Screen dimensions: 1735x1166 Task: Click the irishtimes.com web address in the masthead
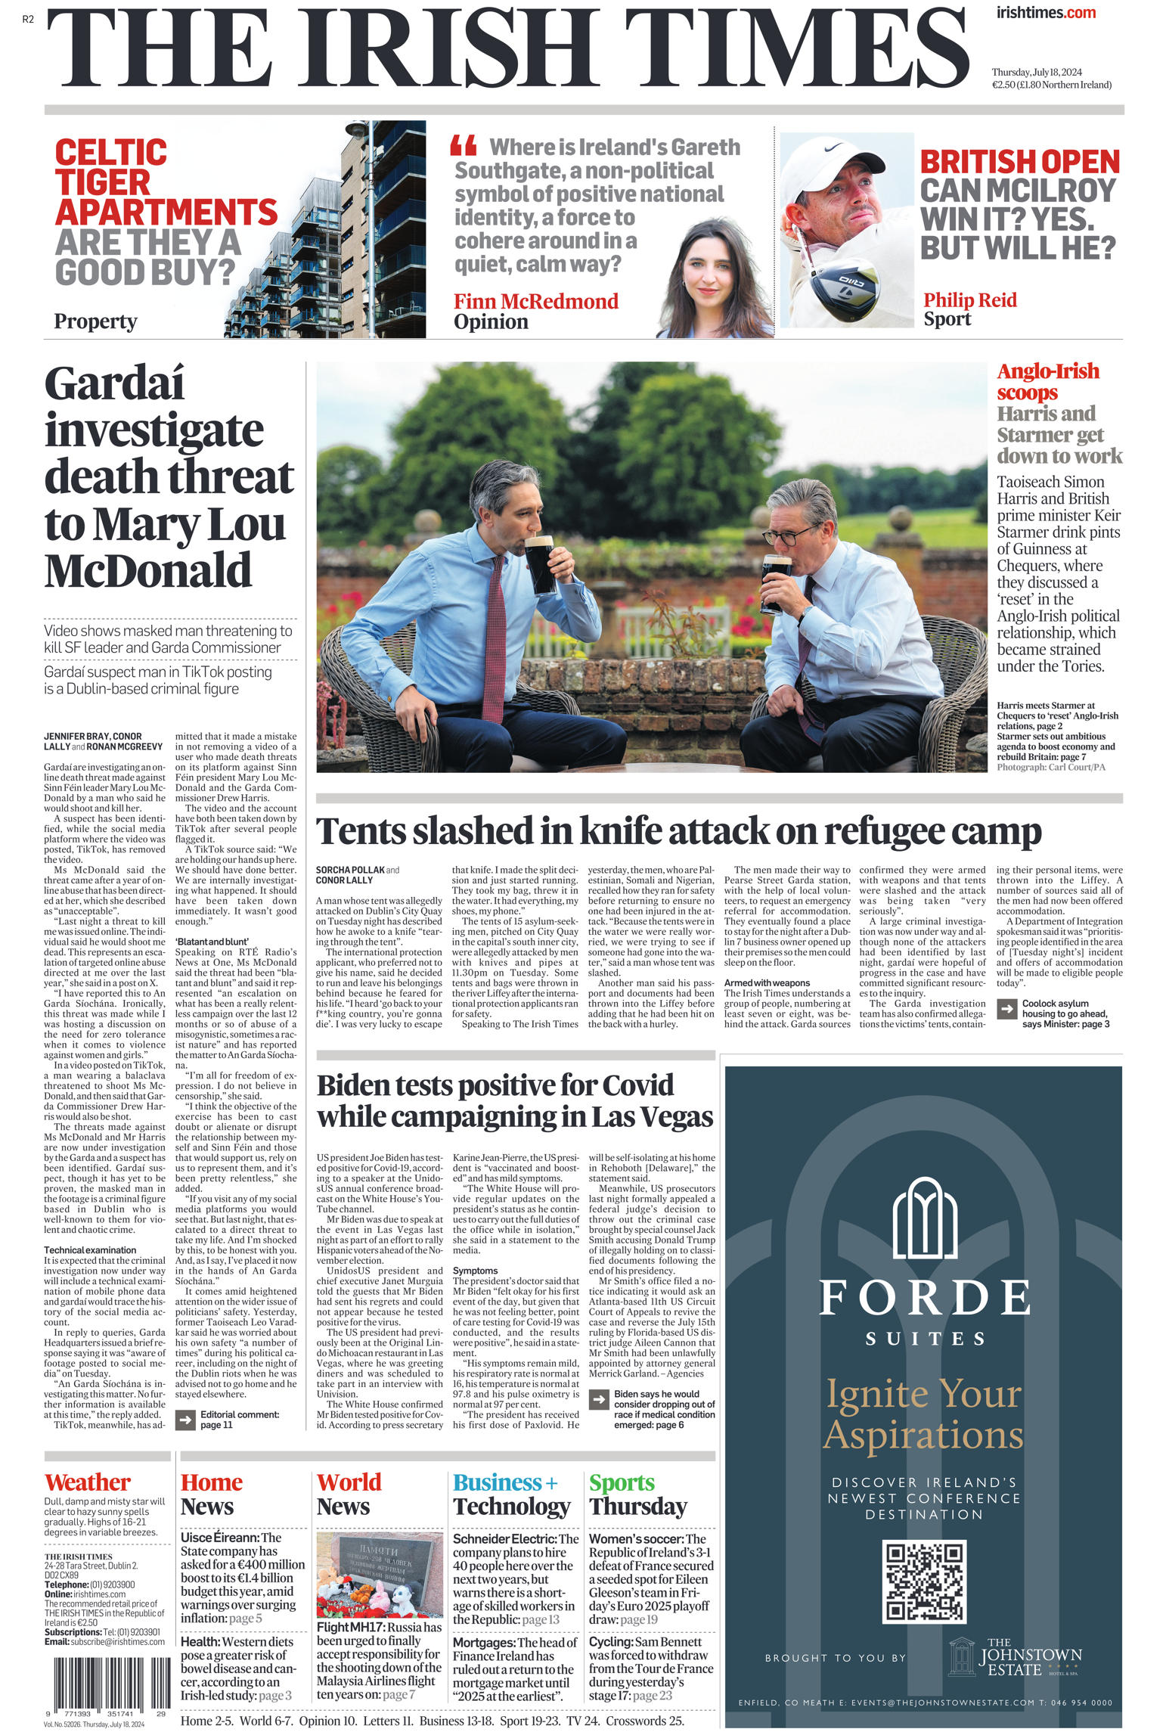coord(1046,13)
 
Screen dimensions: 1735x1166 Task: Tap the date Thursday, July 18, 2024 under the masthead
coord(1037,73)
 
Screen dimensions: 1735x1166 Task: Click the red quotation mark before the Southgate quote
coord(463,144)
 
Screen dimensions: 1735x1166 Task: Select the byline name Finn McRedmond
coord(535,301)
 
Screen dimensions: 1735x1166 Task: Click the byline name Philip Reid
coord(969,300)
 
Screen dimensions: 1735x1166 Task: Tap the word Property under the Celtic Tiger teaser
coord(95,321)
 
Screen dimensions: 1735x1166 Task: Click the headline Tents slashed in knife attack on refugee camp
coord(678,832)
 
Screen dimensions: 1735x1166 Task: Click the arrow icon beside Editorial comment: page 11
coord(185,1420)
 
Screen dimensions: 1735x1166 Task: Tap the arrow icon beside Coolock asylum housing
coord(1006,1008)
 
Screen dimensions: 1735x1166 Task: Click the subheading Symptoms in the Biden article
coord(475,1271)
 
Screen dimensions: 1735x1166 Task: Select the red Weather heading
coord(88,1482)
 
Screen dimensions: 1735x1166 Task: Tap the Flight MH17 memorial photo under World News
coord(379,1575)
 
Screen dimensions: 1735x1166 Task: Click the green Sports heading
coord(622,1482)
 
